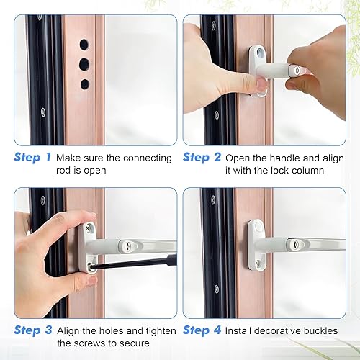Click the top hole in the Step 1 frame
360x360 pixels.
coord(84,45)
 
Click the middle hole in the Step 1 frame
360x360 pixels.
coord(84,64)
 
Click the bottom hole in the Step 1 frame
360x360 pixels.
coord(85,84)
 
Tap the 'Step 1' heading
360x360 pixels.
coord(32,158)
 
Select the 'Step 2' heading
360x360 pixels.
coord(202,158)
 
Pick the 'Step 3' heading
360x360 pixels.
coord(33,330)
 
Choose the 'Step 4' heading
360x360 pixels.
coord(202,330)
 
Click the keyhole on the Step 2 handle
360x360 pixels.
coord(297,71)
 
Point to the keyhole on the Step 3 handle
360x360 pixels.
coord(127,245)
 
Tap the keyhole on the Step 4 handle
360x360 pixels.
coord(296,244)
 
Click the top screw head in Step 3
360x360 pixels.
coord(87,228)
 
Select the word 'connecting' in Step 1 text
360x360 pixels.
coord(148,158)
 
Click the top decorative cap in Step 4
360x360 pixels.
coord(258,227)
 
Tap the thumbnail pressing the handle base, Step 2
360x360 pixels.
coord(261,85)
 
